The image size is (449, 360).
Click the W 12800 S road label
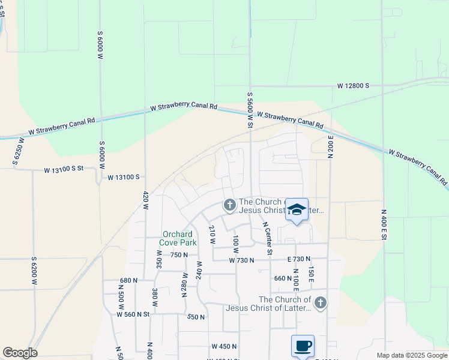[x=353, y=86]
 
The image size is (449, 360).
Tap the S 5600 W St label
[x=250, y=109]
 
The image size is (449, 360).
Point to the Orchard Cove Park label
[x=178, y=239]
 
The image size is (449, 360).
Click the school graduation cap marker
[x=297, y=210]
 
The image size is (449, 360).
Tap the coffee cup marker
[x=303, y=346]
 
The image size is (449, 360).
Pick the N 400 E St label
[x=382, y=225]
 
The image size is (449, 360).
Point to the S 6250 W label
[x=18, y=152]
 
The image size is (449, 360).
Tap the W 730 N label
[x=242, y=260]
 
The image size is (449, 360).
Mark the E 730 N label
[x=298, y=259]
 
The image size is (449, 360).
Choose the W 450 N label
[x=224, y=346]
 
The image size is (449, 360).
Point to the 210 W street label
[x=211, y=234]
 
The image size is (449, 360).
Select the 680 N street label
[x=129, y=280]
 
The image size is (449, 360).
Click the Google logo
[x=20, y=353]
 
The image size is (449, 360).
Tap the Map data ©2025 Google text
[x=411, y=355]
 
